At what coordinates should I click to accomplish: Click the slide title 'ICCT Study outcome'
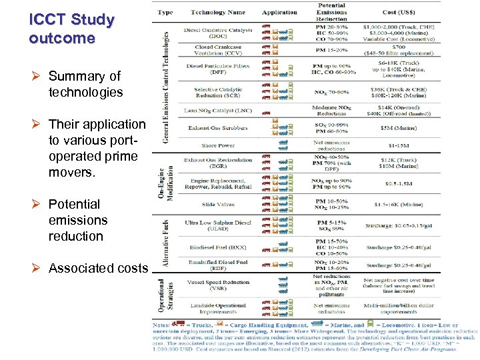click(71, 29)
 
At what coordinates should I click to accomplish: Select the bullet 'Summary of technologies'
click(85, 84)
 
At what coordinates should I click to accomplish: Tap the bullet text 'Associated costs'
click(98, 268)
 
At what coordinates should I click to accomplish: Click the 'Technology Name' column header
click(217, 13)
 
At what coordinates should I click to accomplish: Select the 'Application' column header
click(279, 13)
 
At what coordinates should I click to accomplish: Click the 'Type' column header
click(165, 13)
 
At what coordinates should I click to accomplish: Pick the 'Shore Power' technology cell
click(217, 145)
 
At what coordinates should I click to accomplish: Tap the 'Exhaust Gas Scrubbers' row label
click(217, 127)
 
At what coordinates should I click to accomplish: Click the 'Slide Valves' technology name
click(217, 205)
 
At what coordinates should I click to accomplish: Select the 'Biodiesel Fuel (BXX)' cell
click(217, 247)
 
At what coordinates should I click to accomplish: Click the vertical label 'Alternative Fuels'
click(165, 244)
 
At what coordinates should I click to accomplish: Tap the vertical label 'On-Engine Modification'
click(165, 181)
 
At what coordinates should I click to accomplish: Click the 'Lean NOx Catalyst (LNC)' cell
click(217, 109)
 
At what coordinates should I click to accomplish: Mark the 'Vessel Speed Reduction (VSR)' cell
click(217, 285)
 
